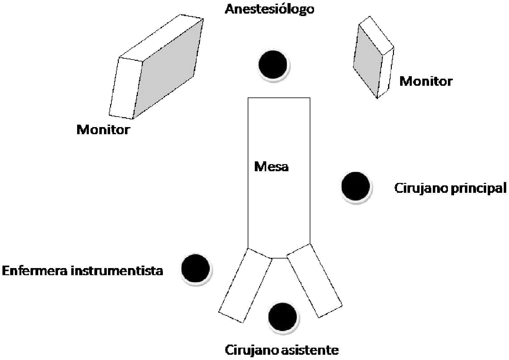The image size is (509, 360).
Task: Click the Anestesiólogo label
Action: (269, 9)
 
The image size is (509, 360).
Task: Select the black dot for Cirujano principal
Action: (355, 186)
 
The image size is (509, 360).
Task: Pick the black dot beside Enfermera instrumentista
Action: (196, 269)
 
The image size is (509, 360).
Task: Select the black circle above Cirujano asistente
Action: (282, 317)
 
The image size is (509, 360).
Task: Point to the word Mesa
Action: (271, 167)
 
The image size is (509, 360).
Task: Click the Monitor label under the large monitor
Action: (103, 130)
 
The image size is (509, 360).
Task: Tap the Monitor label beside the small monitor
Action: (426, 81)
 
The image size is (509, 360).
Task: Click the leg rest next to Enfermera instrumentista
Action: (245, 285)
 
